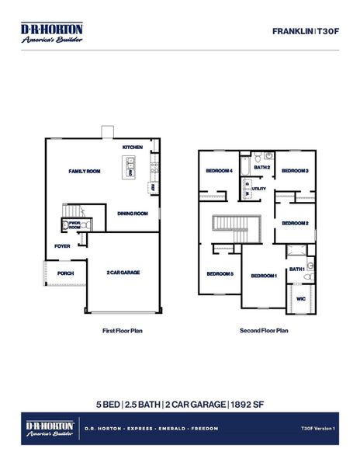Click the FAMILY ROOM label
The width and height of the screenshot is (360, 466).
85,171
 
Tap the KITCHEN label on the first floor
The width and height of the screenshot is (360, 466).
133,148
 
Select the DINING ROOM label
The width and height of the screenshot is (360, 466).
132,214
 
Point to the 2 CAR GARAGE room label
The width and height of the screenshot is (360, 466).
123,273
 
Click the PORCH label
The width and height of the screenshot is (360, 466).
66,273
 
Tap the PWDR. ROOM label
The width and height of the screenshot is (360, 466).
75,224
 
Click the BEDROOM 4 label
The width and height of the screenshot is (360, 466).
219,171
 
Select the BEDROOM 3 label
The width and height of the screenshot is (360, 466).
295,171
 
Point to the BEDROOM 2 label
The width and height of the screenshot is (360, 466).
296,223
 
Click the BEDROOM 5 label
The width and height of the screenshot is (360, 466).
220,273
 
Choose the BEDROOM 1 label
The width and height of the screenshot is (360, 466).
264,276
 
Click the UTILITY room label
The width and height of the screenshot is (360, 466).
258,189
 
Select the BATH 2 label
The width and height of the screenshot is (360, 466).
262,167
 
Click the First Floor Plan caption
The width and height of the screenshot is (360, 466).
123,330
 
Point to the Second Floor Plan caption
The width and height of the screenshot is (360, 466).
264,330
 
